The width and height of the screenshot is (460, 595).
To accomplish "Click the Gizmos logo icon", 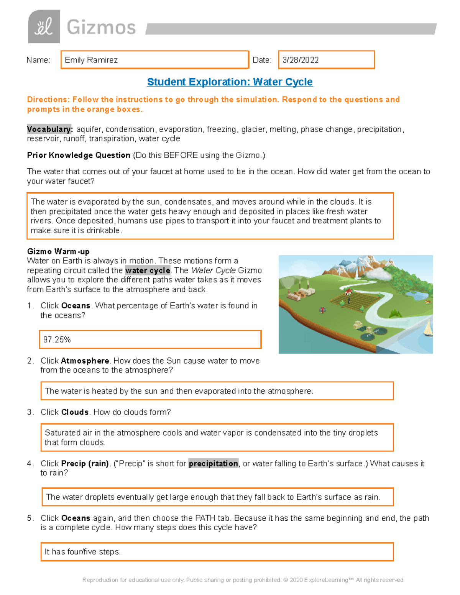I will tap(44, 26).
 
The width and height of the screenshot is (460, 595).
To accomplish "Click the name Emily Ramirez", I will tap(91, 60).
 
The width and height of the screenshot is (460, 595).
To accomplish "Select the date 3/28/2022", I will tap(301, 60).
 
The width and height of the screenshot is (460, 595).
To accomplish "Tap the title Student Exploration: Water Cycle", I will tap(230, 82).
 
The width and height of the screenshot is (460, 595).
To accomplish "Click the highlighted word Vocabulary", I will tap(49, 129).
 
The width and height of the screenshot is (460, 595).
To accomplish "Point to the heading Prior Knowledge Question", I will tap(79, 155).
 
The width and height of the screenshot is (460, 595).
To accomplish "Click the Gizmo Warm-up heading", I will tap(58, 251).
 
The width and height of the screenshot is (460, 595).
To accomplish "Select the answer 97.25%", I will tap(57, 340).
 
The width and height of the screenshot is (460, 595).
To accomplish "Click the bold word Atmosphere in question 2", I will tap(85, 361).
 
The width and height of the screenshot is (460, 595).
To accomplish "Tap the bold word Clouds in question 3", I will tap(75, 412).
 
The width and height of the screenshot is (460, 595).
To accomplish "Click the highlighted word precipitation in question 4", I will tap(213, 464).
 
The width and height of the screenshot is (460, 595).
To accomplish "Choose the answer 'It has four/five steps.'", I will tap(83, 552).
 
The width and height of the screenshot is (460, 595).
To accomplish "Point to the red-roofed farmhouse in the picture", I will tap(348, 292).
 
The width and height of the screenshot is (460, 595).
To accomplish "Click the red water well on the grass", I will tap(322, 310).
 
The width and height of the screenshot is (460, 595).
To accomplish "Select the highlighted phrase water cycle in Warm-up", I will tap(148, 270).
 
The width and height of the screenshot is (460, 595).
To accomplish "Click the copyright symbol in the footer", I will tap(286, 580).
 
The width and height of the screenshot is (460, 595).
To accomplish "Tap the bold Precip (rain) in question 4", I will tap(85, 464).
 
